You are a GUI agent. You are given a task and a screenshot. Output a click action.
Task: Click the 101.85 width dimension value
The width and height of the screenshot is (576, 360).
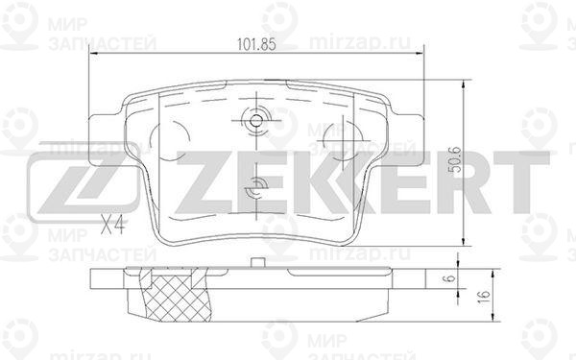(256, 44)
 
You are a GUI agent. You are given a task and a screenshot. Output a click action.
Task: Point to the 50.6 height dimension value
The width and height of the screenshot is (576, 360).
(455, 159)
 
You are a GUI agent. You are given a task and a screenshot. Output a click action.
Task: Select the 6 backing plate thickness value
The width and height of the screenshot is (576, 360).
(451, 278)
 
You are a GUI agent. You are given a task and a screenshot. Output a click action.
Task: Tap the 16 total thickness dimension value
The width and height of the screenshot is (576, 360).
(485, 295)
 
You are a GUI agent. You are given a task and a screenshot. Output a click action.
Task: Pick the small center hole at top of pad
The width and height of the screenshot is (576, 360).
(256, 120)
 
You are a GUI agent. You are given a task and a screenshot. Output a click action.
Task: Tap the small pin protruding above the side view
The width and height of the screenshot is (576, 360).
(257, 262)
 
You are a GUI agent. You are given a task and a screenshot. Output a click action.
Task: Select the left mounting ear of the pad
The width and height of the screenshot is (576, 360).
(107, 139)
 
